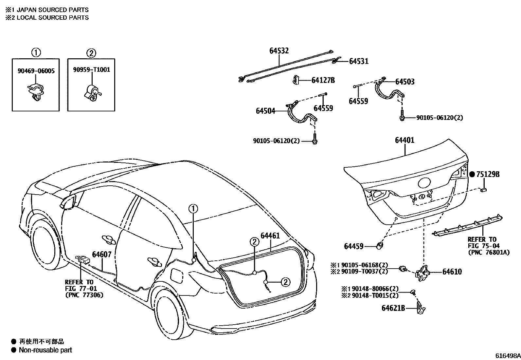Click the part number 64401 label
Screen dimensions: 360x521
click(x=404, y=140)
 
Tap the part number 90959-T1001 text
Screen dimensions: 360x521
click(x=91, y=70)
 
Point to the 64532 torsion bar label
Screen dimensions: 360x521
click(x=279, y=51)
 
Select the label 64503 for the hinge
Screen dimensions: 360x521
click(x=404, y=82)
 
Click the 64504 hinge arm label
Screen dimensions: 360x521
click(x=265, y=111)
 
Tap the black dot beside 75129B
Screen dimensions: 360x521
click(x=472, y=175)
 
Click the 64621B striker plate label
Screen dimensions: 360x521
click(x=393, y=308)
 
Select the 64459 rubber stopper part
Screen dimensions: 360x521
click(x=380, y=245)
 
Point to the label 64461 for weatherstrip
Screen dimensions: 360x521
click(x=270, y=236)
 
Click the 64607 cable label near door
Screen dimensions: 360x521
click(x=101, y=254)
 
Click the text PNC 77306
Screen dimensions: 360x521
click(x=84, y=295)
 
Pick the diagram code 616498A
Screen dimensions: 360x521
click(x=507, y=356)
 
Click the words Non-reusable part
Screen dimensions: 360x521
click(x=45, y=350)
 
